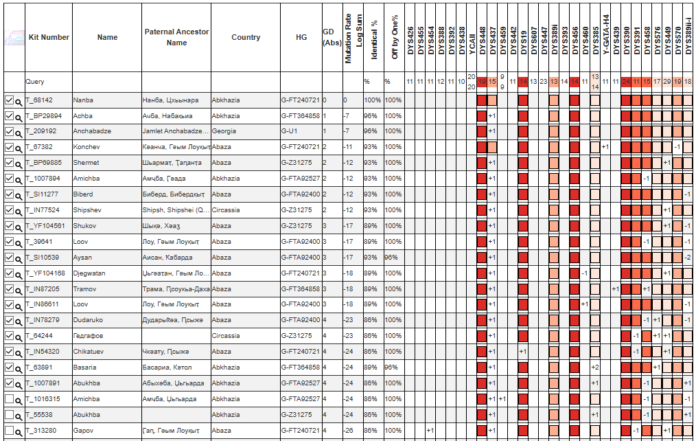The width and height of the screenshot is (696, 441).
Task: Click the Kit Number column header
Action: tap(48, 37)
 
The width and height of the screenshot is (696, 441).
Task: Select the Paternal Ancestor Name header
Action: tap(176, 37)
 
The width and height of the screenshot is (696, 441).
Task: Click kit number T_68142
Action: tap(39, 100)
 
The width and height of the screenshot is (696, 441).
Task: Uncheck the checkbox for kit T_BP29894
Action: tap(9, 115)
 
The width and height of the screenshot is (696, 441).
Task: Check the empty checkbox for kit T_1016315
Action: tap(9, 398)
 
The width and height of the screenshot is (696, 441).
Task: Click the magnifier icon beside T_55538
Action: tap(19, 415)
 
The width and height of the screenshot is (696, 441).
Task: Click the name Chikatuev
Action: tap(89, 352)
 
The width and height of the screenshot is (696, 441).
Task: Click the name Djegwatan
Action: tap(90, 273)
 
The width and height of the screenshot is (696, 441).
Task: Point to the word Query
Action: tap(35, 82)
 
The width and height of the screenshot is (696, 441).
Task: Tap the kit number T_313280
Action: tap(41, 431)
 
